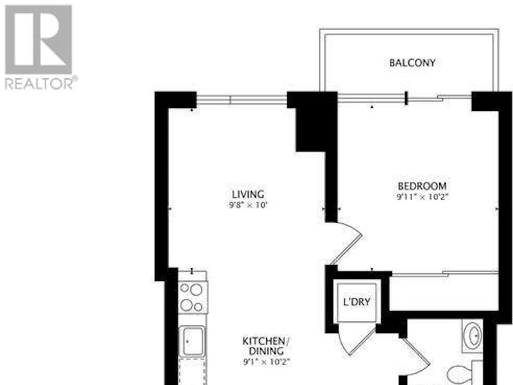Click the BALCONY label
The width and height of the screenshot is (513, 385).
412,62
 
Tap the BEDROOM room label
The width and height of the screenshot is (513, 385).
422,186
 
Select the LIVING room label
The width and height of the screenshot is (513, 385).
248,194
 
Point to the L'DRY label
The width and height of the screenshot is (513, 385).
357,302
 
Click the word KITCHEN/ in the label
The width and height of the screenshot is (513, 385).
266,341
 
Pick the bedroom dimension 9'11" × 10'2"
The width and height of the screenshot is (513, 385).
423,197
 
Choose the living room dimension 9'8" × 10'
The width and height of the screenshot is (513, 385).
248,205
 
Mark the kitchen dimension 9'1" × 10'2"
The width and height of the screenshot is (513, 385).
267,362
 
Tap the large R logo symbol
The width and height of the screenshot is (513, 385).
38,40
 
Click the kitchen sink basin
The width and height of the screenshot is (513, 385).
194,341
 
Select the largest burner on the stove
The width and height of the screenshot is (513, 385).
196,289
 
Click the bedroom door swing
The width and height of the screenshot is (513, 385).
346,243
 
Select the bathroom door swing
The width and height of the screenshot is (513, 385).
416,354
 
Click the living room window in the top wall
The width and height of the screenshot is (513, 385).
242,99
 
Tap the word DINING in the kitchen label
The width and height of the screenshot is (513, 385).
266,351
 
